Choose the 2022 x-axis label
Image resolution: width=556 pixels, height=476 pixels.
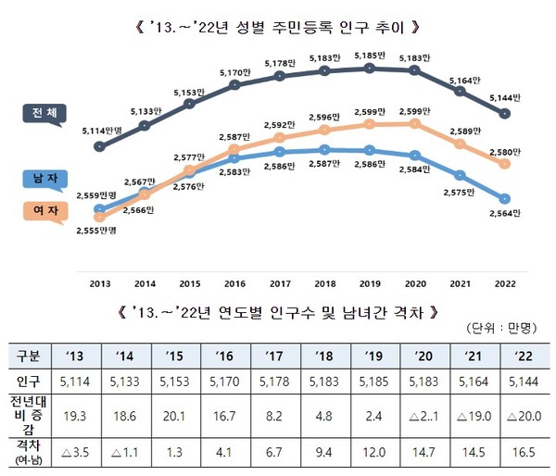point(504,283)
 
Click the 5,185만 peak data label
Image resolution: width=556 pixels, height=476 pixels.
point(371,56)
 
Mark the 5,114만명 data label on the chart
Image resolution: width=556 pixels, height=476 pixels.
point(103,130)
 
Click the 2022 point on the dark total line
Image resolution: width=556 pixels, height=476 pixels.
point(504,114)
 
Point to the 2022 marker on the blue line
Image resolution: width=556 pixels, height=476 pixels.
point(504,198)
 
